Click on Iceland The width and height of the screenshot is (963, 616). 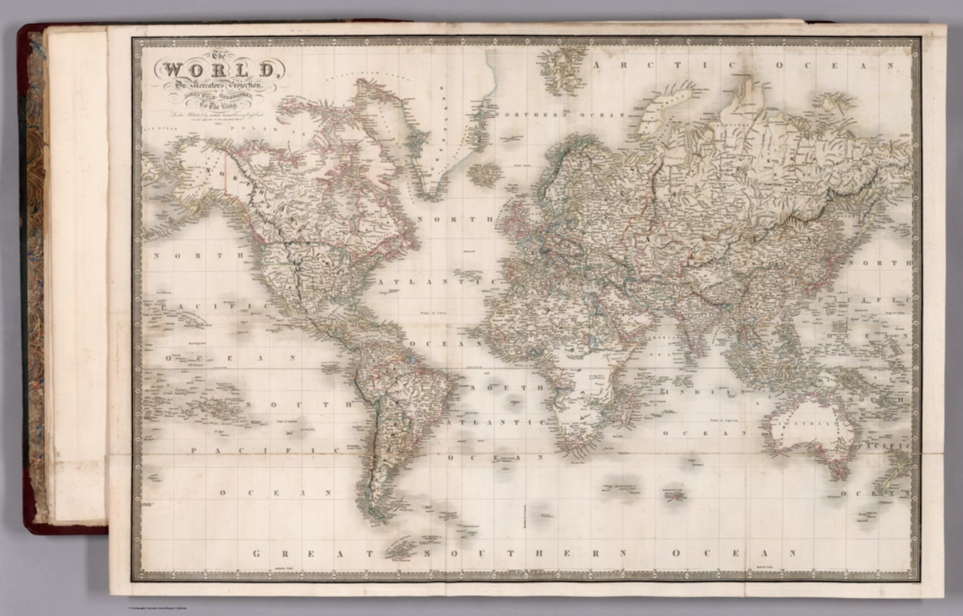[481, 174]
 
